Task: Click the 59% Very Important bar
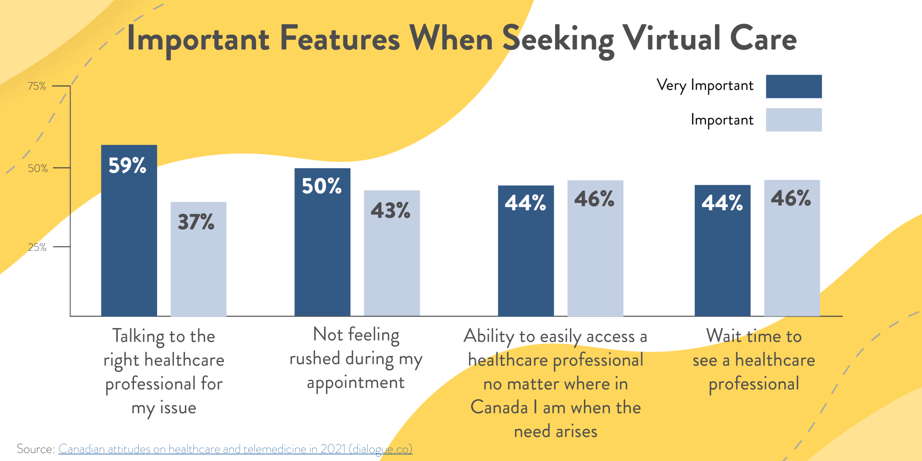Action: click(129, 230)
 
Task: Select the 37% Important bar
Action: click(198, 259)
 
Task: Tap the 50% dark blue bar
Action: click(322, 243)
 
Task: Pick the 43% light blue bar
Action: click(392, 253)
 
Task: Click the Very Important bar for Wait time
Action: click(722, 251)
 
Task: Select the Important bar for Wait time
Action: click(792, 248)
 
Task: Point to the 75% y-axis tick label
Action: click(37, 86)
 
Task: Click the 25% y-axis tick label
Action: click(37, 247)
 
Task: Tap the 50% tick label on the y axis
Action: click(37, 169)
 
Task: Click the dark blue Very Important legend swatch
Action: click(793, 86)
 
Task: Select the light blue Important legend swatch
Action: click(793, 120)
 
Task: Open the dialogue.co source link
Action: click(235, 449)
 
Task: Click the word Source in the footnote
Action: click(35, 449)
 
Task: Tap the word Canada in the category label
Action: click(499, 408)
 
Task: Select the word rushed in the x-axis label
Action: click(314, 359)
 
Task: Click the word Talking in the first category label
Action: click(138, 337)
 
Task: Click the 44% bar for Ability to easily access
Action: click(526, 251)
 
